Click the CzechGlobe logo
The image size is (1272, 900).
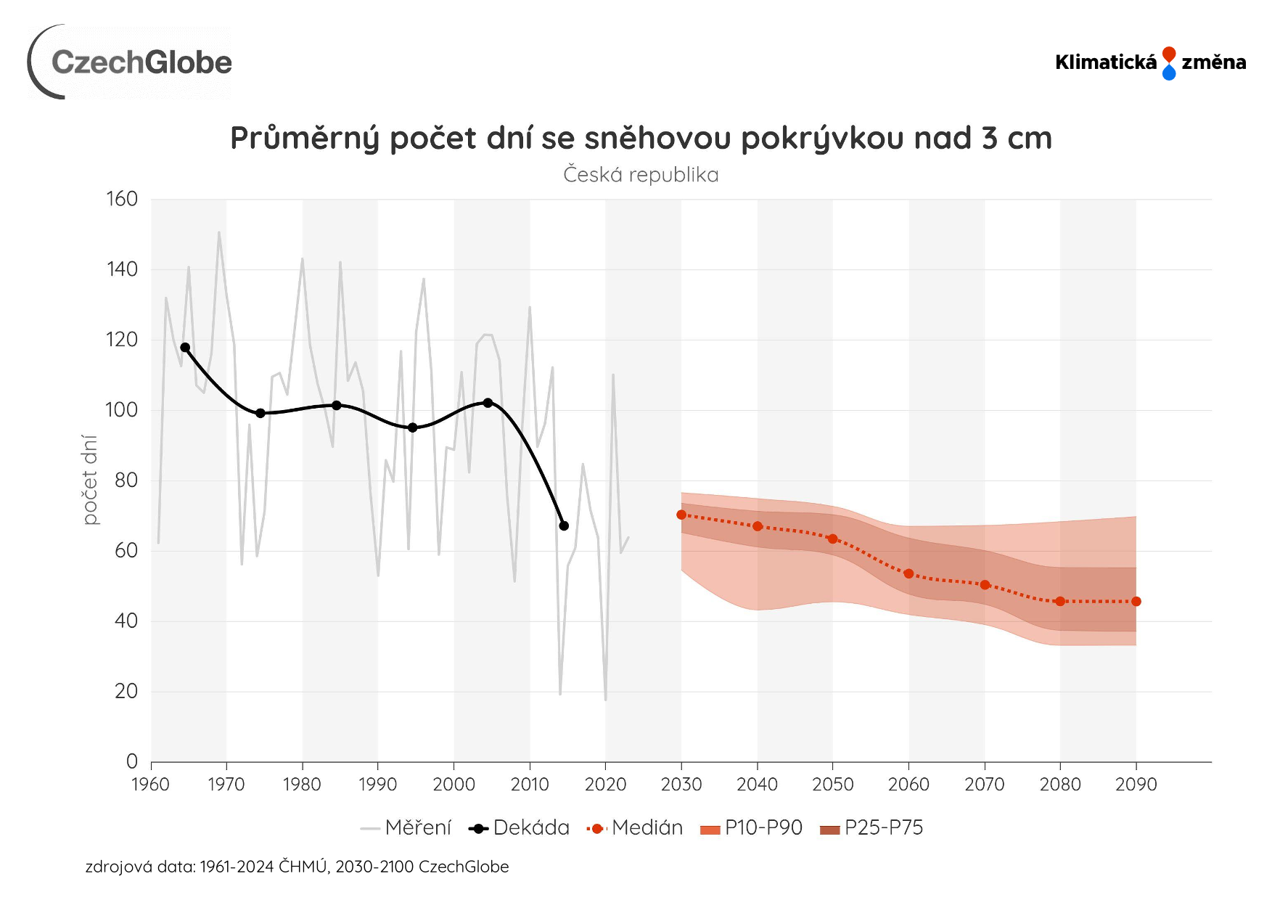click(x=131, y=62)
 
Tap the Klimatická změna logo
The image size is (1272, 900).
click(x=1150, y=62)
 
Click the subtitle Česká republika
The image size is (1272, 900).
click(x=641, y=175)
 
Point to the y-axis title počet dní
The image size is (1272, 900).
click(x=90, y=480)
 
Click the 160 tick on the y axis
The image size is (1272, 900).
click(x=122, y=199)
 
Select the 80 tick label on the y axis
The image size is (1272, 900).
click(x=126, y=480)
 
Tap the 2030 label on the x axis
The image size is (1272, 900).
click(x=681, y=785)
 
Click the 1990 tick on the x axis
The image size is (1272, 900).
click(x=377, y=785)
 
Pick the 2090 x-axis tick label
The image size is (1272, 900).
click(x=1136, y=785)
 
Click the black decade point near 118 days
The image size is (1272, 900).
click(x=185, y=348)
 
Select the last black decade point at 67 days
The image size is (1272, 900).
click(x=564, y=525)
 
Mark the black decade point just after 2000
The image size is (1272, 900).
click(x=488, y=403)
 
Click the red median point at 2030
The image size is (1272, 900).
click(x=681, y=515)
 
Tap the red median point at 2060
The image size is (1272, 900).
click(x=908, y=573)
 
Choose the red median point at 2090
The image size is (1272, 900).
click(x=1136, y=601)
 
